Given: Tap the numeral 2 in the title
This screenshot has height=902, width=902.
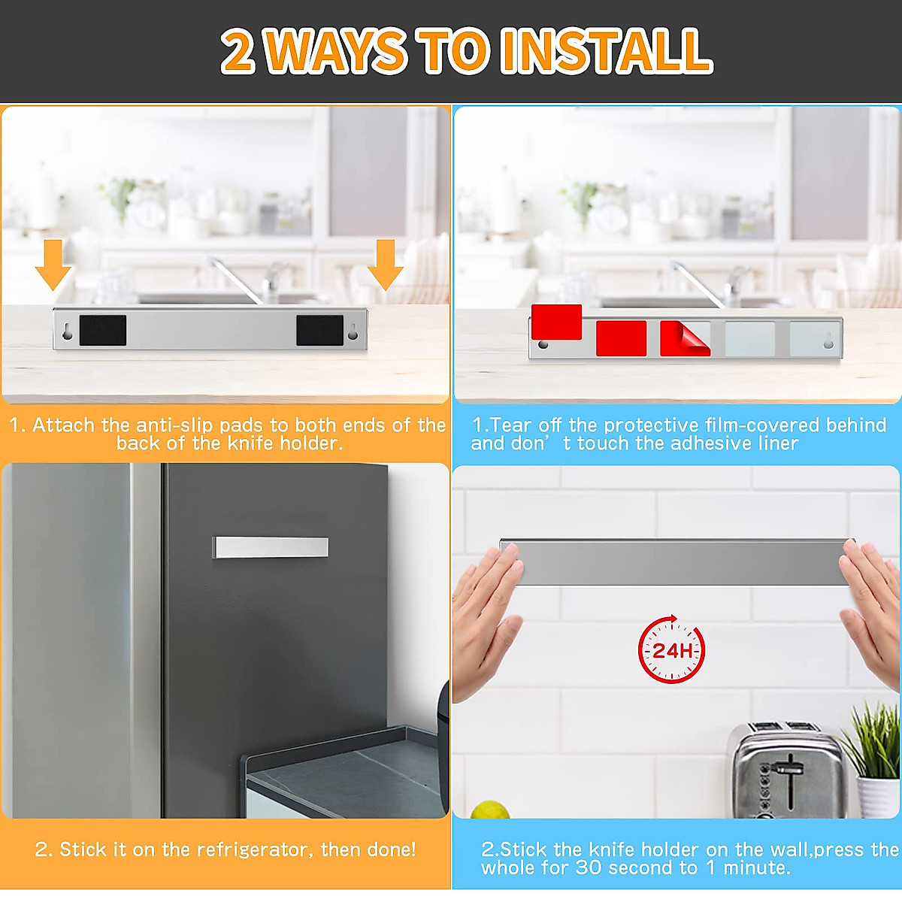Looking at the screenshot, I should coord(238,52).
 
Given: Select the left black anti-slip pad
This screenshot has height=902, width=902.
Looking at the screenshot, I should coord(102,331).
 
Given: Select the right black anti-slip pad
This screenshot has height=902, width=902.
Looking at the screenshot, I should coord(319,331).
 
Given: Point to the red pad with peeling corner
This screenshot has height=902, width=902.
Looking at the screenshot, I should coord(684,338).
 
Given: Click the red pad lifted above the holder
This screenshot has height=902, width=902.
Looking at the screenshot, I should coord(556,322).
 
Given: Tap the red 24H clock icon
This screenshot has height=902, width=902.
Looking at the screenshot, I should coord(671,649).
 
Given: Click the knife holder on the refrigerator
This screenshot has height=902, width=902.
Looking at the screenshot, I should coord(271,547).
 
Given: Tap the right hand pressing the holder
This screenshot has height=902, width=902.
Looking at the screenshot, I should coord(872,609).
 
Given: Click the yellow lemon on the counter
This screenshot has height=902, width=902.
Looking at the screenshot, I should coord(490,810).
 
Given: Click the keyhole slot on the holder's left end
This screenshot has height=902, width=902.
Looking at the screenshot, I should coord(68,331).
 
